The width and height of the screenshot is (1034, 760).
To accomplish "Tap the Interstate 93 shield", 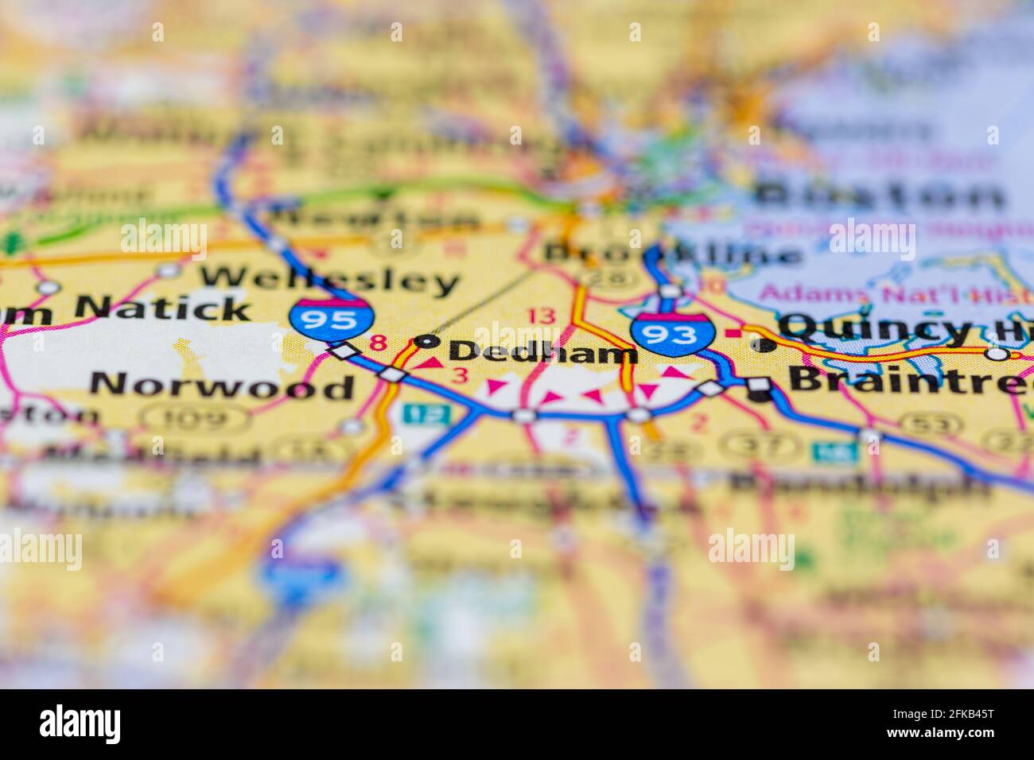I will pyautogui.click(x=673, y=332).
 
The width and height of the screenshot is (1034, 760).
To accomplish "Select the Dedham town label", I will pyautogui.click(x=543, y=351).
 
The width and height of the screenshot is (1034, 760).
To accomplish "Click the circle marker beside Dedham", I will pyautogui.click(x=429, y=342).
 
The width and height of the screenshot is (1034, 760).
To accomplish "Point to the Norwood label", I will pyautogui.click(x=222, y=386).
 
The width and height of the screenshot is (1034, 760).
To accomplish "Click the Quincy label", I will pyautogui.click(x=875, y=327).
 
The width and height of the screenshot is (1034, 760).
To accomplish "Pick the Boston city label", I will pyautogui.click(x=880, y=194).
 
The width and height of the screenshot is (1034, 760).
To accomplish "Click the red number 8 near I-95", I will pyautogui.click(x=379, y=343).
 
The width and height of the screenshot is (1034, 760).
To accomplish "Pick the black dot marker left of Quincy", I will pyautogui.click(x=764, y=345).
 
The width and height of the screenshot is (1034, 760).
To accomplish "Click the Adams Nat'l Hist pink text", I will pyautogui.click(x=883, y=293).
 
